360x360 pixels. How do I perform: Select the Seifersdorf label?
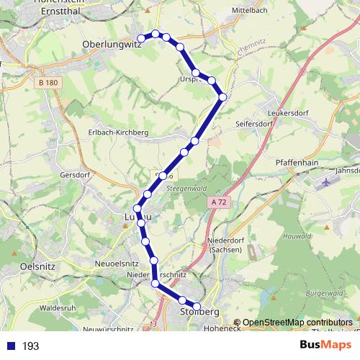click(254, 124)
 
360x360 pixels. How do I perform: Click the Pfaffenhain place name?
click(297, 163)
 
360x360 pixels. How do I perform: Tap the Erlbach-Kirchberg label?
click(118, 132)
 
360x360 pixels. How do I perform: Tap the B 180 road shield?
click(48, 84)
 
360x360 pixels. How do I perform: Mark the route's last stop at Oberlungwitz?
click(143, 37)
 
